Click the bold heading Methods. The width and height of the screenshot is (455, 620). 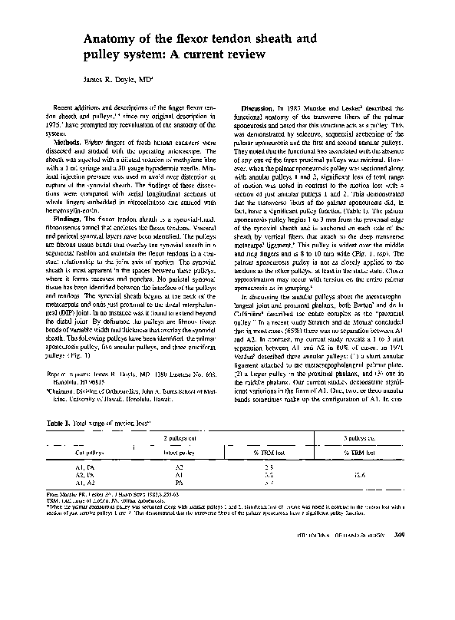(66, 142)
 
